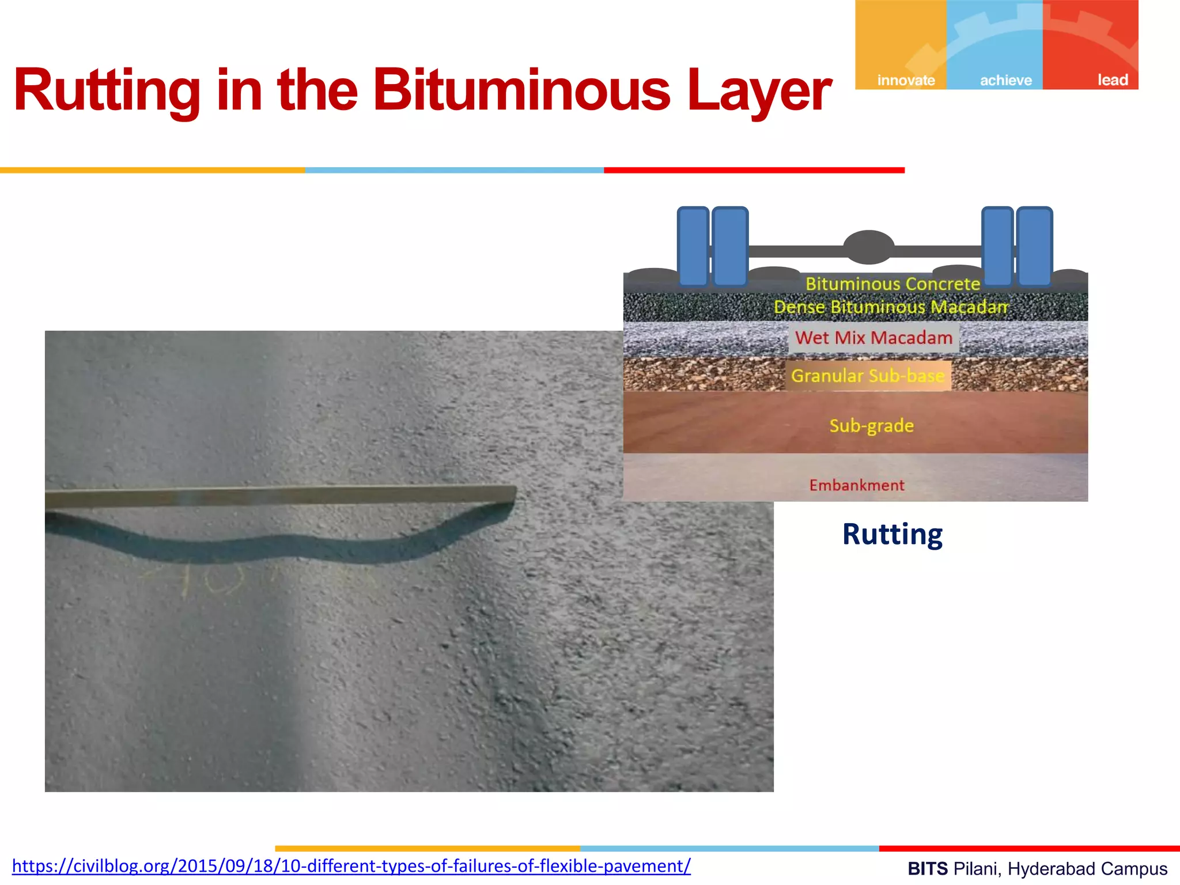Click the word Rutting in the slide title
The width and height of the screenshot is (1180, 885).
(x=107, y=90)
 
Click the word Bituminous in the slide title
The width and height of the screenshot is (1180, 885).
(x=521, y=90)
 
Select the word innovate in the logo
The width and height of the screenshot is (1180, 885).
(x=906, y=80)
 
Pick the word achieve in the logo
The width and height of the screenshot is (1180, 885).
(x=1006, y=80)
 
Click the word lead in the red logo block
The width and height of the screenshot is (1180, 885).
(x=1112, y=80)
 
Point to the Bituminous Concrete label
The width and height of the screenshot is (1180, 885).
(x=892, y=283)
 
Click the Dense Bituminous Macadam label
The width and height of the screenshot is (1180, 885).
(x=891, y=307)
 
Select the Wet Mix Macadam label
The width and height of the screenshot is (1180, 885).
(x=873, y=338)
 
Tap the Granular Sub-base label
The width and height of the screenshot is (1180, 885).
(x=868, y=376)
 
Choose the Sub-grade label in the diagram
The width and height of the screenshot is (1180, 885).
(x=871, y=426)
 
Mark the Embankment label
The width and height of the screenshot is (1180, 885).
(x=857, y=485)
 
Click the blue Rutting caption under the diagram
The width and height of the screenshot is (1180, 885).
(x=892, y=534)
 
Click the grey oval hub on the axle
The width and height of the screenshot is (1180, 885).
(x=868, y=247)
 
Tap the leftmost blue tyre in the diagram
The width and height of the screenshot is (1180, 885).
(x=693, y=246)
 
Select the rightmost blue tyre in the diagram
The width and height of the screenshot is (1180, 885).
(x=1034, y=246)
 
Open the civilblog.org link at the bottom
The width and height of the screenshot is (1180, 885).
(x=351, y=866)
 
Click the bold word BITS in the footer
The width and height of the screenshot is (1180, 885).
(x=928, y=869)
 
